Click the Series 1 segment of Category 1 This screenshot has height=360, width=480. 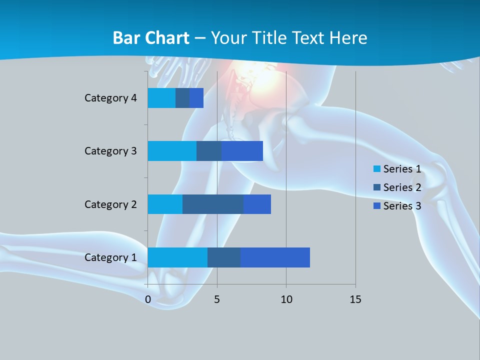click(x=177, y=257)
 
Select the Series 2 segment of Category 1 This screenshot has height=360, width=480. click(x=224, y=257)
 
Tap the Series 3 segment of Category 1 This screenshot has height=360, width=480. click(x=275, y=257)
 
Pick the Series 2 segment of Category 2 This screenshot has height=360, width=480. click(x=213, y=204)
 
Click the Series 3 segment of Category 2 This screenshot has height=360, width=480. click(x=257, y=204)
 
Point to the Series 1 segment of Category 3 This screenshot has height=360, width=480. click(x=172, y=151)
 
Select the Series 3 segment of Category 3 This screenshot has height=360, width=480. click(x=242, y=151)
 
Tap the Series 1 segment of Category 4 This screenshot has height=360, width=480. click(x=161, y=98)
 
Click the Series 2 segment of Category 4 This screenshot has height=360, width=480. click(x=182, y=98)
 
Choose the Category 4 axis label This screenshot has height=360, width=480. click(x=110, y=98)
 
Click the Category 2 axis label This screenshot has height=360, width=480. click(x=110, y=204)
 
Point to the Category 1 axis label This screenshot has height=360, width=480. click(x=110, y=257)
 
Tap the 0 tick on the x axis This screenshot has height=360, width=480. click(x=148, y=299)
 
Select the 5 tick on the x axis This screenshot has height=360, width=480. click(x=217, y=299)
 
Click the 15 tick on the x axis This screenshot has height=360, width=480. click(x=355, y=299)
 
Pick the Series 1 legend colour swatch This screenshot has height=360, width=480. click(x=376, y=169)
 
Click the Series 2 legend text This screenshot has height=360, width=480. click(x=402, y=187)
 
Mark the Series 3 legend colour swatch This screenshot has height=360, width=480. click(x=376, y=206)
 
